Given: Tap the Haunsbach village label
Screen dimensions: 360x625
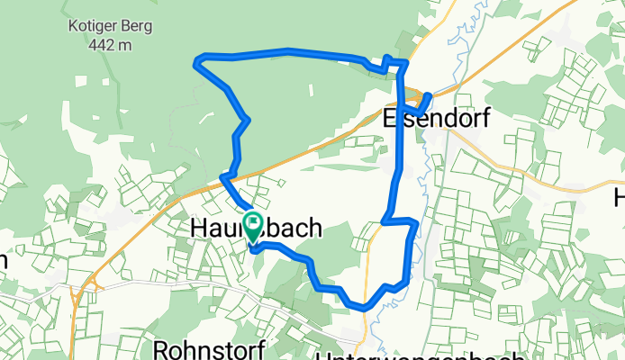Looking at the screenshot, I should pos(255,230).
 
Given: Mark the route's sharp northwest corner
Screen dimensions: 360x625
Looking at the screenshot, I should pos(198,60).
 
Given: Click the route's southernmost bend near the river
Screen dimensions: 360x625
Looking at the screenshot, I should pos(363,306).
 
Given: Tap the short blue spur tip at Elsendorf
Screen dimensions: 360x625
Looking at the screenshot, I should pos(430,94).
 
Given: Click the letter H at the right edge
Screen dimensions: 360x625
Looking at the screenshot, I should pos(619,197).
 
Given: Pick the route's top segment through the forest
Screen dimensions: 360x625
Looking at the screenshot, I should pos(288,51).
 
